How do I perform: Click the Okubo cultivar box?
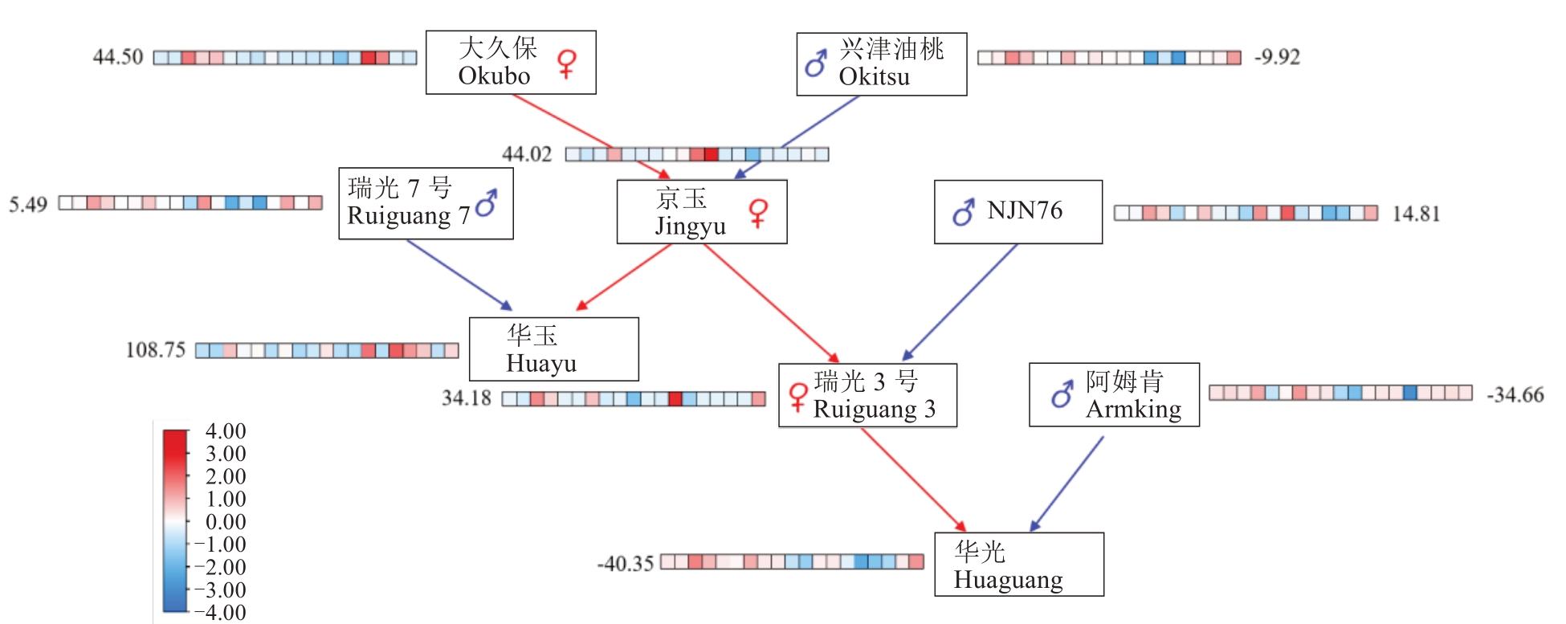(511, 63)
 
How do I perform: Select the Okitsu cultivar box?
(881, 64)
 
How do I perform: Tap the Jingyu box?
(701, 212)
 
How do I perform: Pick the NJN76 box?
(1017, 212)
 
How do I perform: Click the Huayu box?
(553, 349)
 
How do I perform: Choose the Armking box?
(1114, 394)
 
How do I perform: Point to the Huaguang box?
(1018, 565)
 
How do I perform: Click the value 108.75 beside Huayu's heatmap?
(155, 350)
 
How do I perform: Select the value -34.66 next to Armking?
(1515, 395)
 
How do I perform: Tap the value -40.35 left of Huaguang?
(625, 564)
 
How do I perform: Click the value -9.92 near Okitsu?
(1277, 57)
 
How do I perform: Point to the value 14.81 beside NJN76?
(1416, 214)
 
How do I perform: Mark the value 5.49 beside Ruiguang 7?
(28, 204)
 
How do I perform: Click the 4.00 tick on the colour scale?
(226, 431)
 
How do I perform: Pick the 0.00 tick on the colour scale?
(226, 522)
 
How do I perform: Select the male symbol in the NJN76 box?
(964, 212)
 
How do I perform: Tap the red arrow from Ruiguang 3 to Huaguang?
(913, 479)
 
